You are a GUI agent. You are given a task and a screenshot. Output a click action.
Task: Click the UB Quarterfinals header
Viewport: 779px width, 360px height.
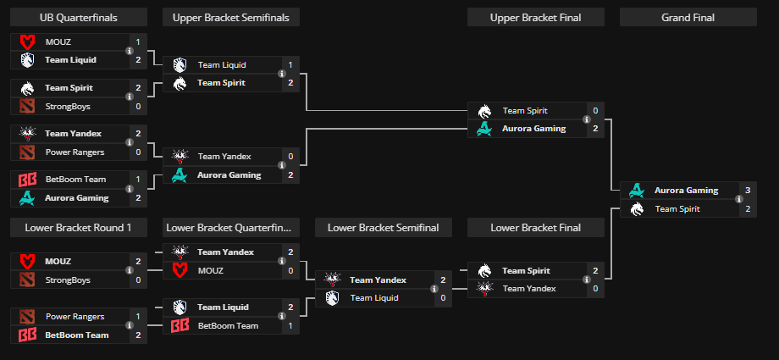tap(79, 17)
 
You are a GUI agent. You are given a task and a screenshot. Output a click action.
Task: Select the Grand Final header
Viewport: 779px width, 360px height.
tap(688, 17)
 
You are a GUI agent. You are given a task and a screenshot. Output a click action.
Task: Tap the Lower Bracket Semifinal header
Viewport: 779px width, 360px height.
tap(383, 227)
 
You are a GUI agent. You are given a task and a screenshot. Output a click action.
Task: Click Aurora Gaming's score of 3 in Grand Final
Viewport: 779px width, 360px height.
tap(748, 191)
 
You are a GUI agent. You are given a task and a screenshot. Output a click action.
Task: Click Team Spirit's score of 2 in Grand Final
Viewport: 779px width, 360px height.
tap(748, 208)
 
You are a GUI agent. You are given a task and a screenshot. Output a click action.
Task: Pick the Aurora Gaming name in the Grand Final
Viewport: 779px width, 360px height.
tap(686, 191)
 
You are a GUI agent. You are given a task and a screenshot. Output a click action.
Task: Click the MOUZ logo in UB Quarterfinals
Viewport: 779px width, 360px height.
tap(27, 42)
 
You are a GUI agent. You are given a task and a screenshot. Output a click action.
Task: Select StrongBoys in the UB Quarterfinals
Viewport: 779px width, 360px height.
tap(68, 106)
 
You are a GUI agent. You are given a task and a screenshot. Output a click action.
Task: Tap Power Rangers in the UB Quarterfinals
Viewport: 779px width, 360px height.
tap(75, 152)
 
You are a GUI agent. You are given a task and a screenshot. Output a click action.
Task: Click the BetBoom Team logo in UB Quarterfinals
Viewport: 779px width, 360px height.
tap(27, 180)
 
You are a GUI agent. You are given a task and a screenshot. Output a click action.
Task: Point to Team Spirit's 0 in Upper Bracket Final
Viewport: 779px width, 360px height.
tap(595, 110)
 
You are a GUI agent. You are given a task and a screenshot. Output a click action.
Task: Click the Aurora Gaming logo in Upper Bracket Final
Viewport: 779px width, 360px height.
tap(484, 129)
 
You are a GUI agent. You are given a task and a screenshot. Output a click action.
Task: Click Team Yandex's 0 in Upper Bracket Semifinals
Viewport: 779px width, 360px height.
tap(290, 156)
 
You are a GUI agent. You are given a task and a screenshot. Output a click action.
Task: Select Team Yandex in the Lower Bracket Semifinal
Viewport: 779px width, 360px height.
tap(378, 280)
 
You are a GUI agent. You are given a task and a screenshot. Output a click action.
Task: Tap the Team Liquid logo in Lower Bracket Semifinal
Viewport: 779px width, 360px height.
tap(332, 297)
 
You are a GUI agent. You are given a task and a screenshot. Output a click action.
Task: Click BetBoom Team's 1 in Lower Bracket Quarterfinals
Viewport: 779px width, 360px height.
tap(290, 325)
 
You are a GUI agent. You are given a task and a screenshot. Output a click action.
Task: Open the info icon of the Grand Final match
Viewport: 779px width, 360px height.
tap(738, 200)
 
